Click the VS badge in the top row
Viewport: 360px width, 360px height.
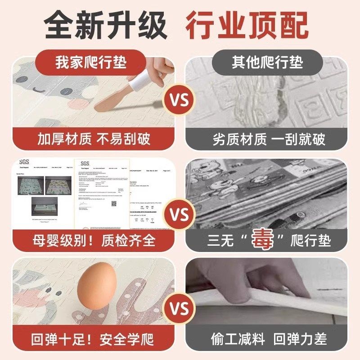[x=180, y=99]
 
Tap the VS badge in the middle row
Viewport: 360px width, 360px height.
[x=180, y=213]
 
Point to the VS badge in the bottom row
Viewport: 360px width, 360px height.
[x=180, y=309]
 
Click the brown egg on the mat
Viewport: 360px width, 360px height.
[x=97, y=287]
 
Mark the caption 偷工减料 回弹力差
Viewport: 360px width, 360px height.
[x=269, y=339]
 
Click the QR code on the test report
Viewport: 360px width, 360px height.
[x=114, y=204]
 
